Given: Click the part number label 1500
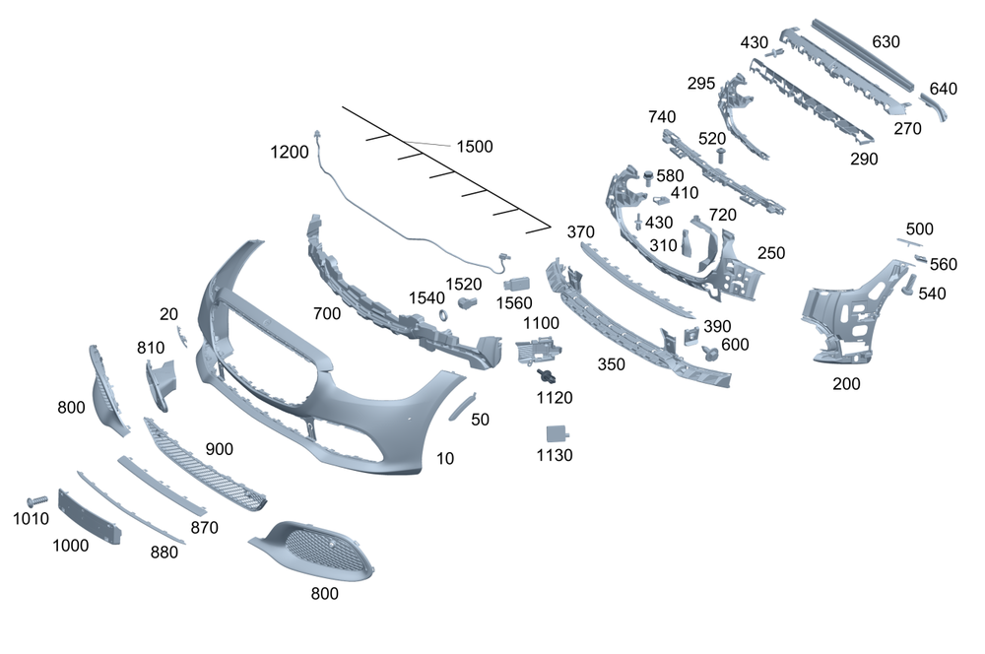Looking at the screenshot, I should pos(474,147).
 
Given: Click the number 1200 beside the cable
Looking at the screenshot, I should pos(290,152).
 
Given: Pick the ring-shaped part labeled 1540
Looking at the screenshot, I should pos(442,315).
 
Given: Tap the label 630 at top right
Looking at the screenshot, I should pos(886,42).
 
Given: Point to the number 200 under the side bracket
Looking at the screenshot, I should pos(846,384).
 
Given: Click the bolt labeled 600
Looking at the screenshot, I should pos(709,351).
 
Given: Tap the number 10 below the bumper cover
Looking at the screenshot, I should pos(445,458).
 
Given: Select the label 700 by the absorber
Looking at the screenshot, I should pos(326,314).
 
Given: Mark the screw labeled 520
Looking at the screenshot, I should pos(722,156).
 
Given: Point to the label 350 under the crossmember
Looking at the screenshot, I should pos(611,364).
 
